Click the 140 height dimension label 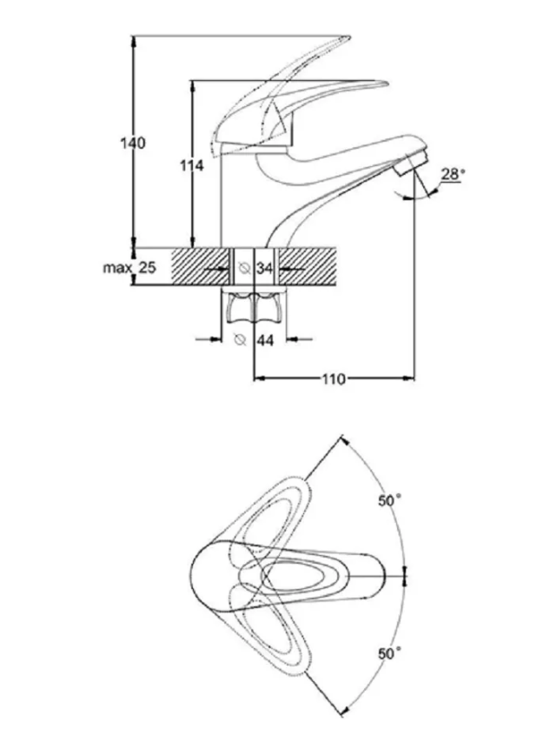click(x=133, y=143)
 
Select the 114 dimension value click(x=192, y=165)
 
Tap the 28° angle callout click(x=453, y=174)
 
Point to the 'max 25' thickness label click(x=129, y=268)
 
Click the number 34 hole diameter click(x=265, y=269)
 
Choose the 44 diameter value click(x=265, y=340)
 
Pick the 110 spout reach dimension click(x=334, y=378)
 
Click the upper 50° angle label click(x=389, y=500)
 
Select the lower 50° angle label click(x=389, y=653)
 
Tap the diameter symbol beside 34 click(x=243, y=269)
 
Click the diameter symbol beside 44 click(x=240, y=339)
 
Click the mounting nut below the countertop click(x=254, y=308)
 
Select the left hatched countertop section click(x=200, y=266)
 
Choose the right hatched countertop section click(x=308, y=266)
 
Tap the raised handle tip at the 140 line click(x=348, y=37)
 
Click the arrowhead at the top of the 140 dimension click(x=134, y=41)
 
